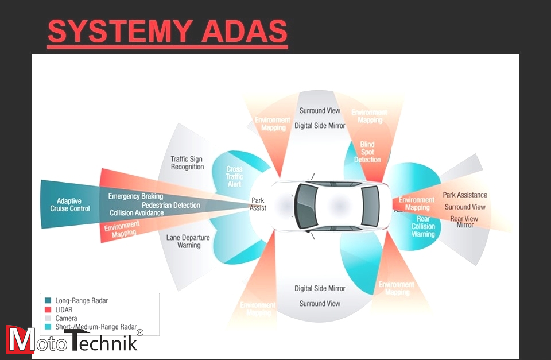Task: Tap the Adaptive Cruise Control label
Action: point(69,205)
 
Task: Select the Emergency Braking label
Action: point(135,196)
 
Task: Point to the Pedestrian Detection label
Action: point(171,205)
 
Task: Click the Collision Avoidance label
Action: point(137,213)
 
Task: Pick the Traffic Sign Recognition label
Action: point(187,163)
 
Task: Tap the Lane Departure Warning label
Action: point(188,242)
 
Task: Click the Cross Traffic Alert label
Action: point(234,176)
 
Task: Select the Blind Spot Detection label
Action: point(367,152)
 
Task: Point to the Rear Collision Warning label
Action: point(423,226)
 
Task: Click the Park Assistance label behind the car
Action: point(465,195)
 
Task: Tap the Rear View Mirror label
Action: point(464,222)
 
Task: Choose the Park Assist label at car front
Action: point(258,204)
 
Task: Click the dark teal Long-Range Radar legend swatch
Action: point(48,300)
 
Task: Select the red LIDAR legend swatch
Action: point(48,309)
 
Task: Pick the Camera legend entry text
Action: point(66,318)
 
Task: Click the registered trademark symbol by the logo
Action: point(140,332)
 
